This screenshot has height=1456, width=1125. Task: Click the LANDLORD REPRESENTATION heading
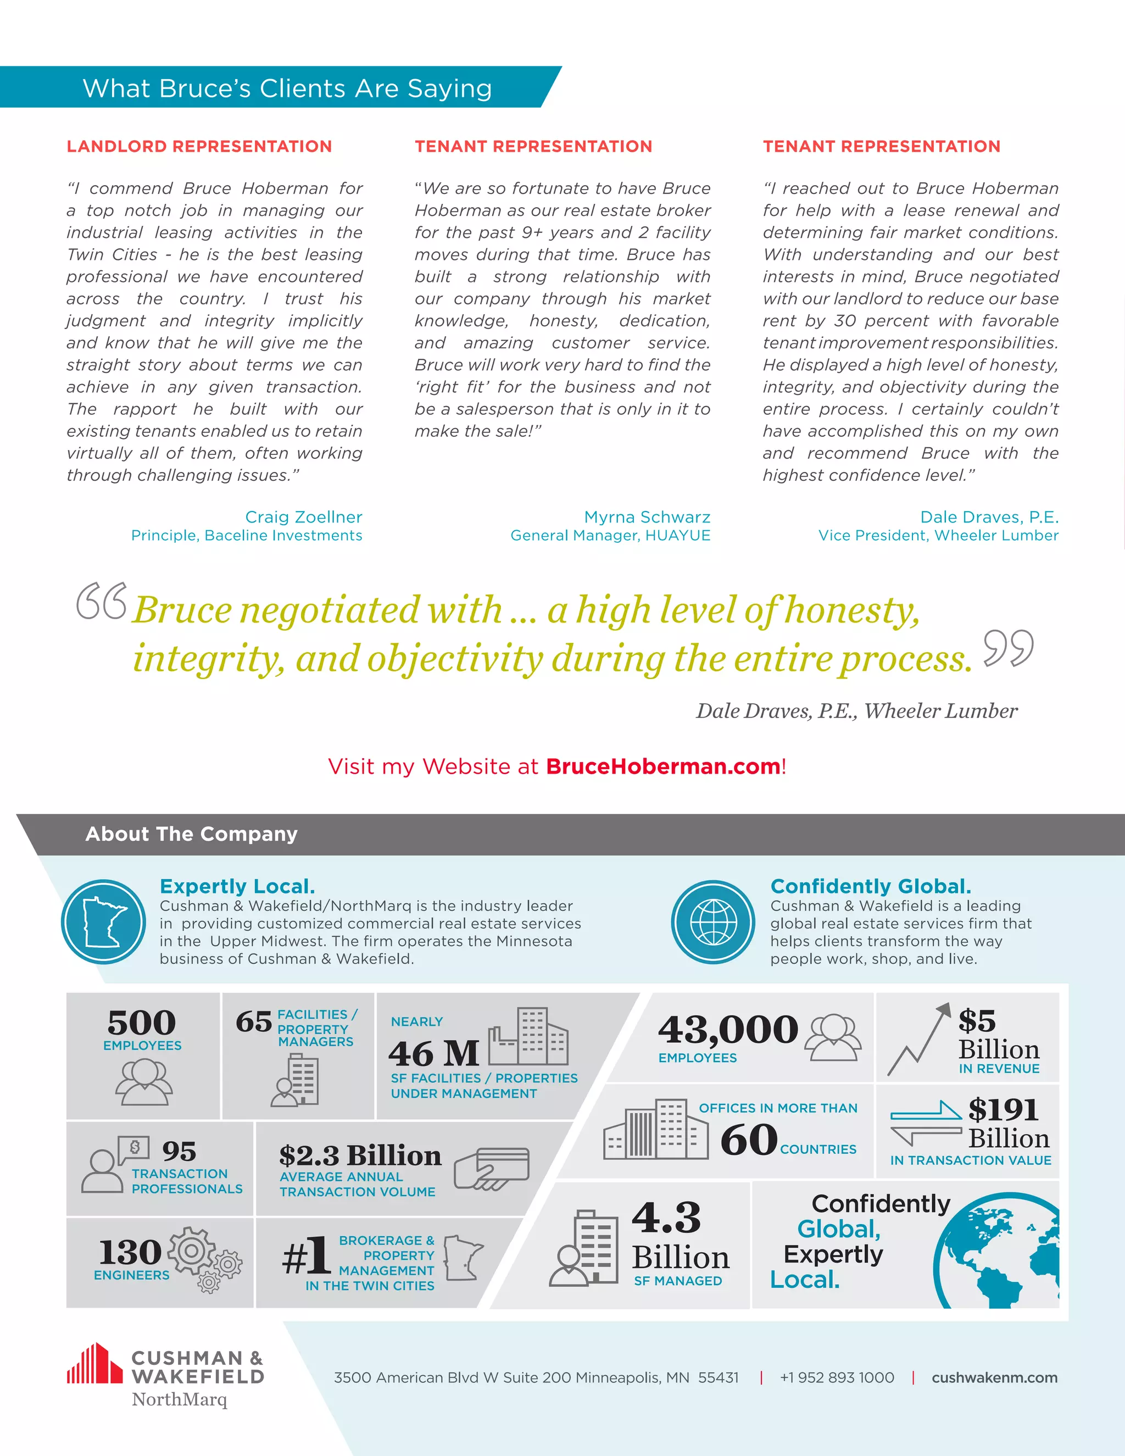coord(199,147)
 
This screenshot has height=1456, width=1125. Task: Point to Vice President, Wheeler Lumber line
coord(938,535)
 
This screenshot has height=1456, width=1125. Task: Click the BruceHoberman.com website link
coord(662,766)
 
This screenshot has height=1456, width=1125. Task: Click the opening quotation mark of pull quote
coord(101,601)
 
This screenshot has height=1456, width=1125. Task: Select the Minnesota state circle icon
coord(103,921)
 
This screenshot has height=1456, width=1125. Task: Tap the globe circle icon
coord(713,921)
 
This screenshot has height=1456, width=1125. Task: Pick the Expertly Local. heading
coord(237,886)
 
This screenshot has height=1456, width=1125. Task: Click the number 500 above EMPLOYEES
coord(141,1022)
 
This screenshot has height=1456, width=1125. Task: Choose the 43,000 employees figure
coord(728,1029)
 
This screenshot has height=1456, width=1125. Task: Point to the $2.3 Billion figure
coord(360,1155)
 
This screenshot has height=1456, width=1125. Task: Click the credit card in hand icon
coord(491,1168)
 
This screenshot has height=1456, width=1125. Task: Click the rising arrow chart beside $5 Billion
coord(919,1040)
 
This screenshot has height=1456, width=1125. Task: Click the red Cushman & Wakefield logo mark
coord(94,1364)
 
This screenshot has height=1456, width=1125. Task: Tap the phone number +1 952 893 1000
coord(837,1377)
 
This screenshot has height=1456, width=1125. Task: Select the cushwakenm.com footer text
coord(994,1377)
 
